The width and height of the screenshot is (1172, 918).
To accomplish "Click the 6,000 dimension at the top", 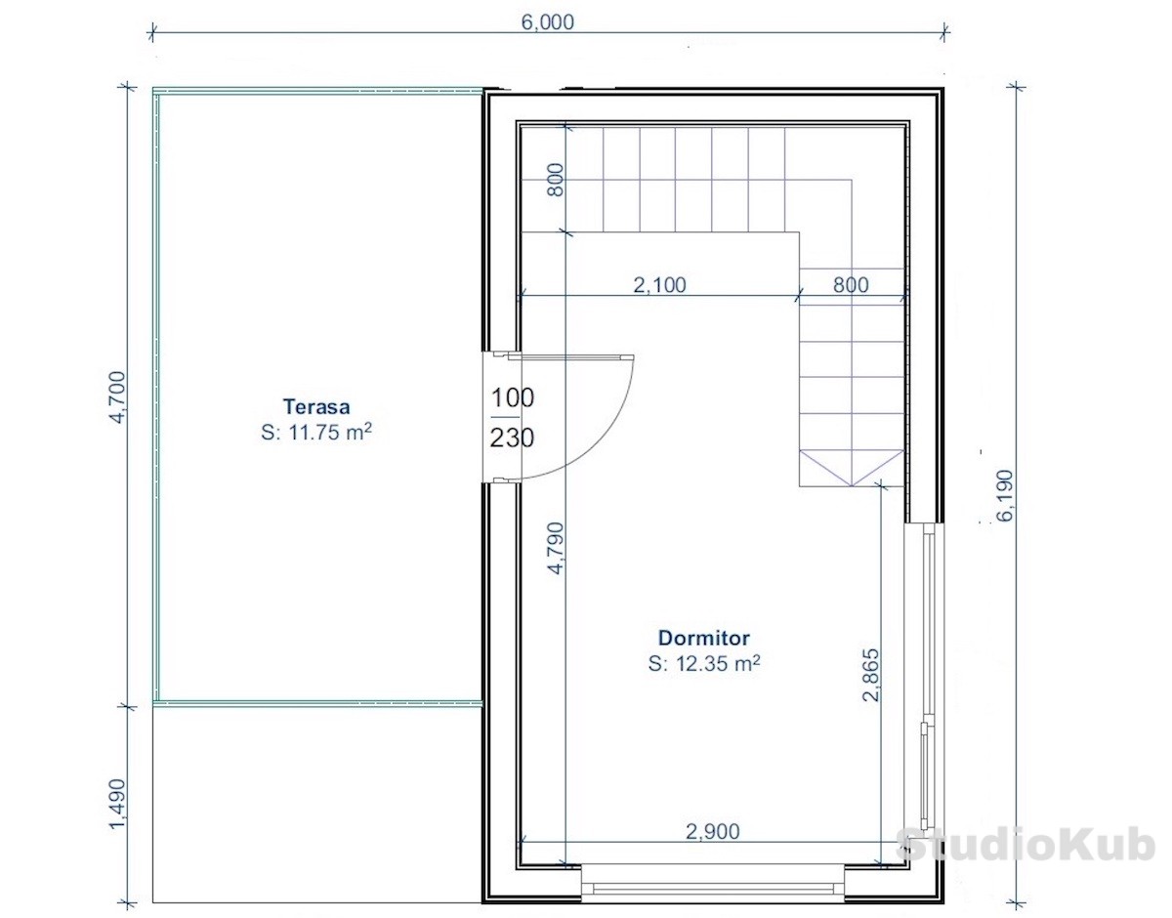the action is point(547,22).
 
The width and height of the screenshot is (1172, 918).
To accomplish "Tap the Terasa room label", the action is point(316,406).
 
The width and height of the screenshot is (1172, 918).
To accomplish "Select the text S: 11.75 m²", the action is point(316,432).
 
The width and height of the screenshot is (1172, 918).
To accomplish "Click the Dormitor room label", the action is point(704,638).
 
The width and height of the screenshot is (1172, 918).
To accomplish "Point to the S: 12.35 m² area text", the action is point(704,663).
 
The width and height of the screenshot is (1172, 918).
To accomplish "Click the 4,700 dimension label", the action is point(117,397).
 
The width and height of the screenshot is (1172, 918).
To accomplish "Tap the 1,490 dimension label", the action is point(117,806).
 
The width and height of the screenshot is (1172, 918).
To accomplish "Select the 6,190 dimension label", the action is point(1005,496).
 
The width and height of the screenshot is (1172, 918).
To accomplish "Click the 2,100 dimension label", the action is point(659,284).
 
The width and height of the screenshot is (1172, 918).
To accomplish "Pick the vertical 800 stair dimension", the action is point(556,180).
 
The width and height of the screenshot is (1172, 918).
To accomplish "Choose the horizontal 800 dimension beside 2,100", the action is point(851,284).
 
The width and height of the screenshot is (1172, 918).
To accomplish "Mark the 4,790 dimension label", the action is point(556,548).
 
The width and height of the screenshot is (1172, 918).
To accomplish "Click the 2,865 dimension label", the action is point(871,675).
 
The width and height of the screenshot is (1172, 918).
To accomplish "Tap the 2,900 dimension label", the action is point(712,832).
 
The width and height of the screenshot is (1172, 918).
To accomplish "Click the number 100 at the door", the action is point(512,397).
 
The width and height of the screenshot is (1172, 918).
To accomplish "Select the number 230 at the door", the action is point(512,438).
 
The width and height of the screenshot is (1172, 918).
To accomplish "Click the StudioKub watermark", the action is point(1025,846).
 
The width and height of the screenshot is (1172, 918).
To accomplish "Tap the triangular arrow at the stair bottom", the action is point(851,468).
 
